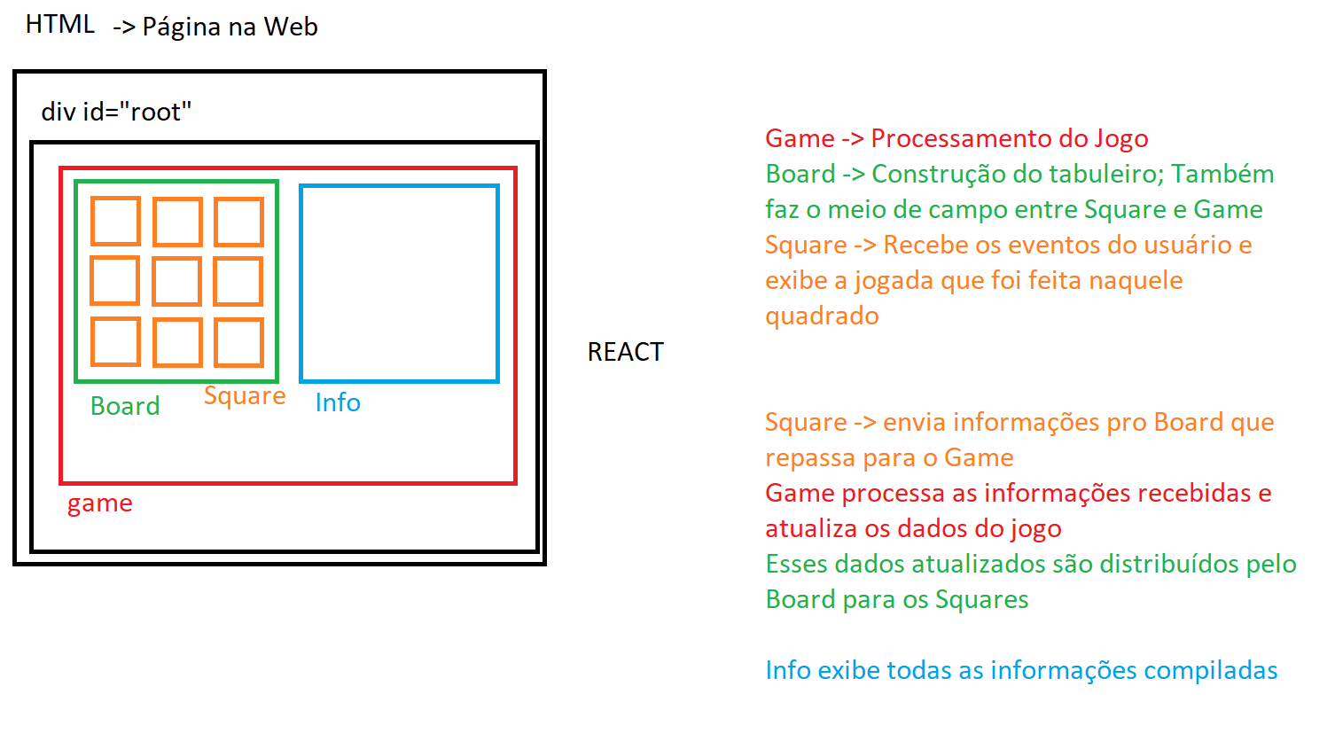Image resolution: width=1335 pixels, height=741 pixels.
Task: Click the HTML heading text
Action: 59,25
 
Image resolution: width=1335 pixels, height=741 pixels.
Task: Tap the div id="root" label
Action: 116,113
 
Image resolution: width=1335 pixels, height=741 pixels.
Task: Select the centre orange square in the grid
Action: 177,281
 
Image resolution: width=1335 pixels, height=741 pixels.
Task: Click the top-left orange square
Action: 115,221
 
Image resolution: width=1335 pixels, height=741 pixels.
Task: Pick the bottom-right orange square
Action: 238,342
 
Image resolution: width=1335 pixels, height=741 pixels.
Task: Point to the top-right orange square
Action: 238,221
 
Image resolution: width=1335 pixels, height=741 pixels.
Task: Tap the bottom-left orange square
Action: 115,342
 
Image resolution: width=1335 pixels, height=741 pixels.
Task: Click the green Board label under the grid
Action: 125,406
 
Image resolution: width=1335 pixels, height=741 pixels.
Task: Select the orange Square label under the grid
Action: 245,396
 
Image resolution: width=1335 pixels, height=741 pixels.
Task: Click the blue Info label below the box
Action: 338,403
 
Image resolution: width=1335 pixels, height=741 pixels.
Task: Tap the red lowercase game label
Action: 99,503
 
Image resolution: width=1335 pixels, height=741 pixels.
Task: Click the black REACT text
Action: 625,353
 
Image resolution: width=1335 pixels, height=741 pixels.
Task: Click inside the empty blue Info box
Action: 399,284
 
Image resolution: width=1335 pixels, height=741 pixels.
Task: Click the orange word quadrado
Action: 822,316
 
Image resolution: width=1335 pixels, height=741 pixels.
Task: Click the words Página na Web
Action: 230,27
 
